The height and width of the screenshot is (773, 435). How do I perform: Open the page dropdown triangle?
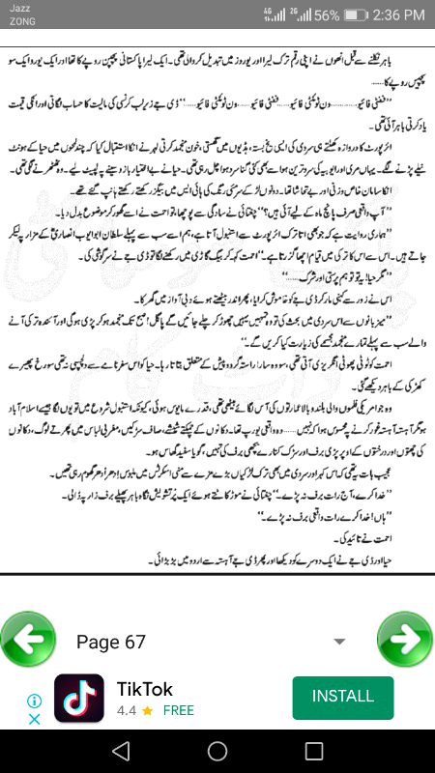click(x=339, y=642)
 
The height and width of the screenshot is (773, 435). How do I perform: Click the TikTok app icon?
click(x=79, y=699)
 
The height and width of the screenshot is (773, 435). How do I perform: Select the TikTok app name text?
click(x=145, y=689)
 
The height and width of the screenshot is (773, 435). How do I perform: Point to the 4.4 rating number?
click(x=126, y=710)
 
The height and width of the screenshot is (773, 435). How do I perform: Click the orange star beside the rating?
click(x=147, y=710)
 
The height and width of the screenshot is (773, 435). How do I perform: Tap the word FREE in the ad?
click(x=179, y=710)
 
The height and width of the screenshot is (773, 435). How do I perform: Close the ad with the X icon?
click(x=34, y=719)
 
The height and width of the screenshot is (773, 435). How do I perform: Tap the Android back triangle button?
click(x=120, y=751)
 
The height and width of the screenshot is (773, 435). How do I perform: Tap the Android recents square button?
click(x=313, y=751)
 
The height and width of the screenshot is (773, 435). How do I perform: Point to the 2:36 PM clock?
click(x=397, y=15)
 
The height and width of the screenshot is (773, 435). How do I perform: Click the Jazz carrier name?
click(x=18, y=8)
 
